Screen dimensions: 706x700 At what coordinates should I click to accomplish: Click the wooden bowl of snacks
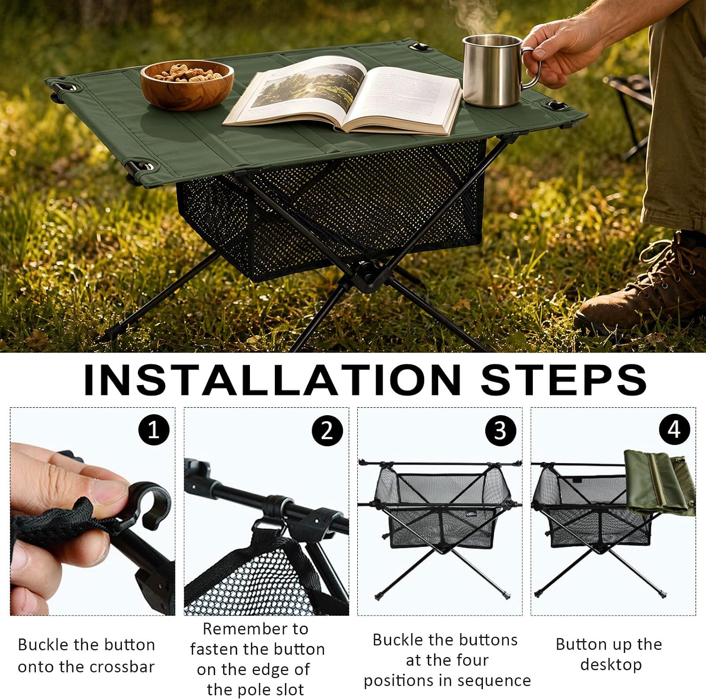point(187,85)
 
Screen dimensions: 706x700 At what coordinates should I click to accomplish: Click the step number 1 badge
point(154,430)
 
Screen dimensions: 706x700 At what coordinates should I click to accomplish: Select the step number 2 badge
point(327,430)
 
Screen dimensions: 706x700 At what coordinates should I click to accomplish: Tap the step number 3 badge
point(500,430)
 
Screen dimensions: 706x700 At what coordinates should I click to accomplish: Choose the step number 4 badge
point(674,430)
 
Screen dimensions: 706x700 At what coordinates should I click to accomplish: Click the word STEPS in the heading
point(563,379)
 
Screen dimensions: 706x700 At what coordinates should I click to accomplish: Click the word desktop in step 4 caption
point(611,665)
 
